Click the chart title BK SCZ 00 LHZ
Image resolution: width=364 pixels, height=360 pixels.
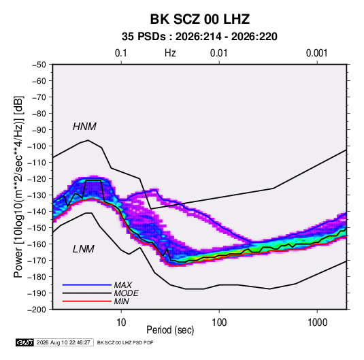point(199,19)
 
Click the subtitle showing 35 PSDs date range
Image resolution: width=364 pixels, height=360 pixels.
point(199,37)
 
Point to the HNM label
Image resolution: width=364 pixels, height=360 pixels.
point(84,127)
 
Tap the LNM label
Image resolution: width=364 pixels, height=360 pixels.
point(84,249)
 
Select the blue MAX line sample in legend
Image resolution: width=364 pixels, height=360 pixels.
point(87,285)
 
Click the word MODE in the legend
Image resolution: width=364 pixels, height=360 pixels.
point(127,293)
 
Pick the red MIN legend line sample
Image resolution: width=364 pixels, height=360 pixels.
point(87,301)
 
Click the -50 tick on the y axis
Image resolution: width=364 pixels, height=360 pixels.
point(39,65)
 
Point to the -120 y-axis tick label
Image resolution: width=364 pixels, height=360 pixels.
point(37,179)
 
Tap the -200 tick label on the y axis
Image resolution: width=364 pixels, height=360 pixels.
point(37,310)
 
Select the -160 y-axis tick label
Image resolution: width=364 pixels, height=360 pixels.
point(37,244)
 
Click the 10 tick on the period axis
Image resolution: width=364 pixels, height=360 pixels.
point(121,323)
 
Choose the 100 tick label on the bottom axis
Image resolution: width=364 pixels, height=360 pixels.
point(219,323)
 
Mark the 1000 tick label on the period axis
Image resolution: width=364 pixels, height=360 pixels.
point(317,323)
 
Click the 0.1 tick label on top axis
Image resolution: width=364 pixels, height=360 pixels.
point(121,53)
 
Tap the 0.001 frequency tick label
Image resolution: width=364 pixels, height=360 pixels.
point(317,53)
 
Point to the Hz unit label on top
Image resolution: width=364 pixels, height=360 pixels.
point(170,53)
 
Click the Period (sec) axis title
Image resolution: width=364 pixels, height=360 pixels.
point(170,330)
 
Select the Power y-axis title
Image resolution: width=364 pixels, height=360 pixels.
point(18,186)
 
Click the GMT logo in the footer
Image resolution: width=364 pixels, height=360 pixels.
point(24,342)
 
